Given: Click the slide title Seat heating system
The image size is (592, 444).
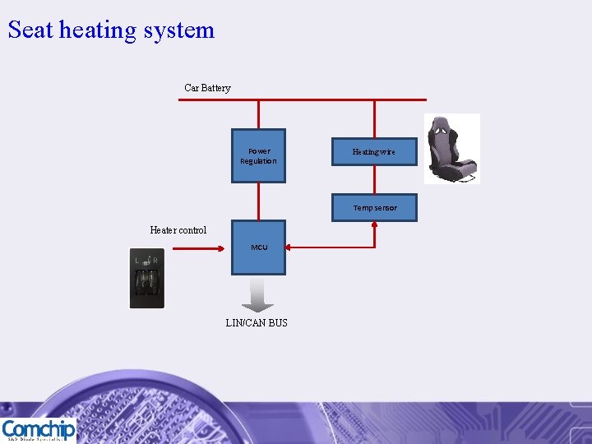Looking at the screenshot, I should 111,30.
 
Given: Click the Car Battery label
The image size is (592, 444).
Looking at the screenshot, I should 207,88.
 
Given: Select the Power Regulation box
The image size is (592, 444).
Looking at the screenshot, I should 258,155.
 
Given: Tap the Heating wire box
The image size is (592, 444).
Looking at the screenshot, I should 374,151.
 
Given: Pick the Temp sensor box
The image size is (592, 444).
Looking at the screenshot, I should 374,207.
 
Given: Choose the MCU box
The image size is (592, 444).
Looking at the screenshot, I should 259,247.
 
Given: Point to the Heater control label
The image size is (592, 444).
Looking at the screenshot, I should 178,230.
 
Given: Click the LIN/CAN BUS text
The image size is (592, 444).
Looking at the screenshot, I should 257,323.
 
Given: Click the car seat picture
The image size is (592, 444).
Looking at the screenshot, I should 451,149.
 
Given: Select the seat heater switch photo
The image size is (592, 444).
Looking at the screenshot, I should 147,278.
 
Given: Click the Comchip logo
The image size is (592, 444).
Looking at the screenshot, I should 39,430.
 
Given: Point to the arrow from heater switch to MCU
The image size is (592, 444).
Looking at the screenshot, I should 197,247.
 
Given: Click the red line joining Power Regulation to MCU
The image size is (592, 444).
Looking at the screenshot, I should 259,201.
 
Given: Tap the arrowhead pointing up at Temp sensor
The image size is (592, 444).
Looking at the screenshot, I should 375,226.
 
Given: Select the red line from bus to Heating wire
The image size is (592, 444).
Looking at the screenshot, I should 375,118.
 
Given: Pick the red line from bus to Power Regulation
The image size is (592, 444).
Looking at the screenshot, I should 259,114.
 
